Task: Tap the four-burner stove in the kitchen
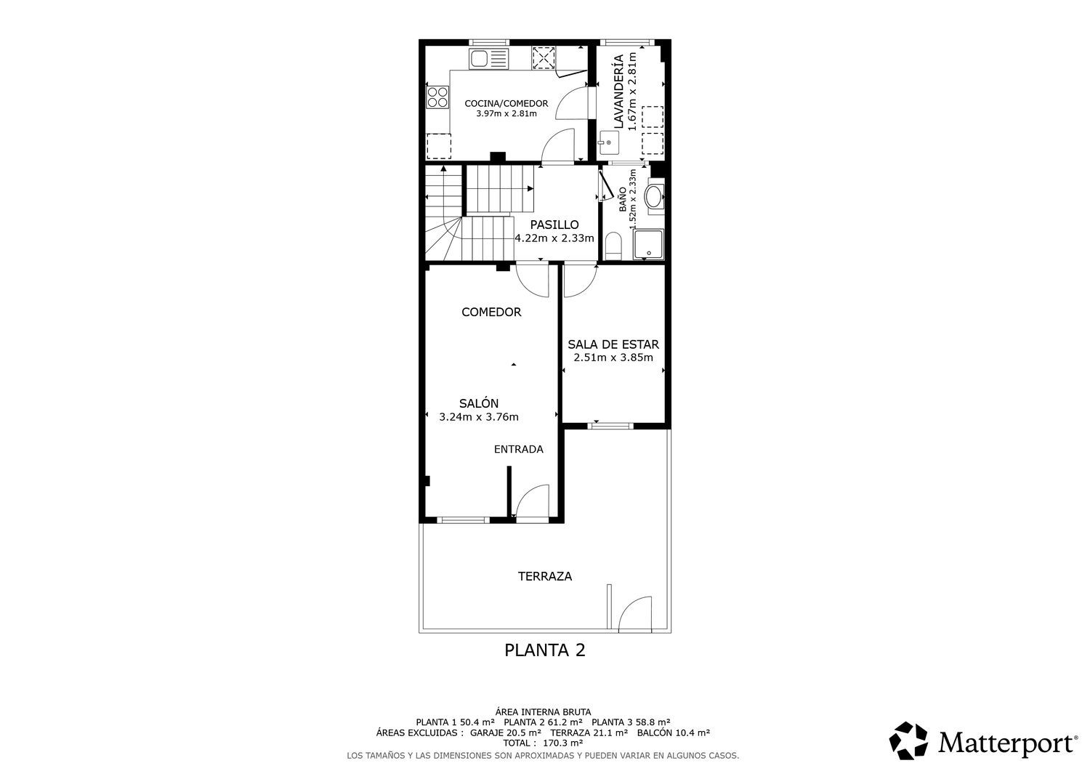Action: [438, 97]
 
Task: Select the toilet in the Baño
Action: [613, 246]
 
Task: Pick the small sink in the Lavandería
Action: [609, 143]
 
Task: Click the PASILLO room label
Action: [554, 225]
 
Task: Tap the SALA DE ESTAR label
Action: [613, 344]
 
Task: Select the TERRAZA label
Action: [545, 576]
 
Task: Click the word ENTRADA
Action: [519, 449]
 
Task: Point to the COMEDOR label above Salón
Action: [491, 312]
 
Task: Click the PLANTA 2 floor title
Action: [544, 650]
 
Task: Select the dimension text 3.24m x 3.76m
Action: [479, 417]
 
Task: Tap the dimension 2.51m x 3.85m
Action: [613, 358]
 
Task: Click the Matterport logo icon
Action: [908, 740]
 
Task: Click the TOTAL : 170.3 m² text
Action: [543, 743]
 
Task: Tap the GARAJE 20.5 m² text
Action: [506, 732]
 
